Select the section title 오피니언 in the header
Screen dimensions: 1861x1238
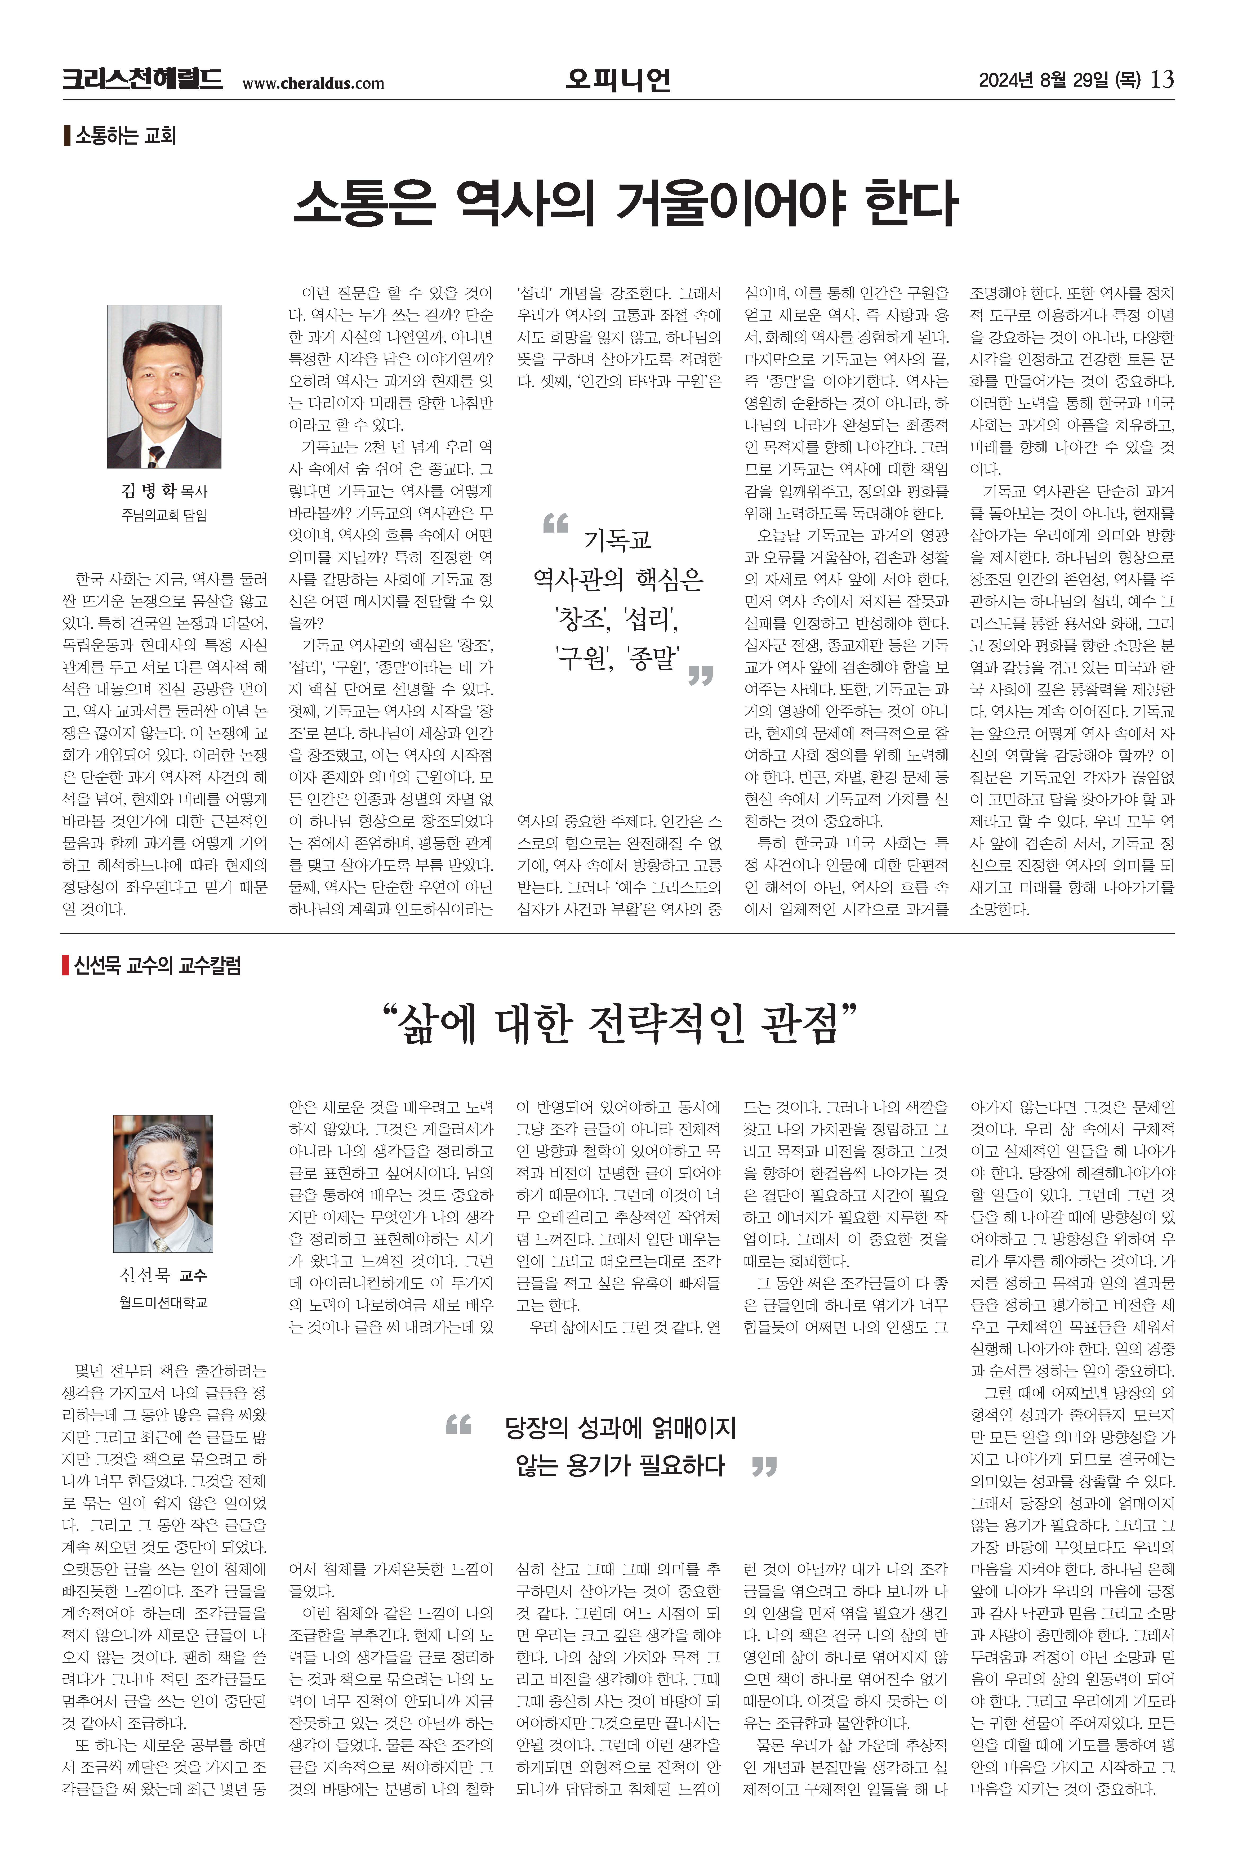[618, 79]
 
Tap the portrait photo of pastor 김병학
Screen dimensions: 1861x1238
[164, 387]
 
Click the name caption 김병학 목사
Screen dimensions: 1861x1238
[164, 491]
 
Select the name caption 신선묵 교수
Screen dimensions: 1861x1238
[163, 1275]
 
